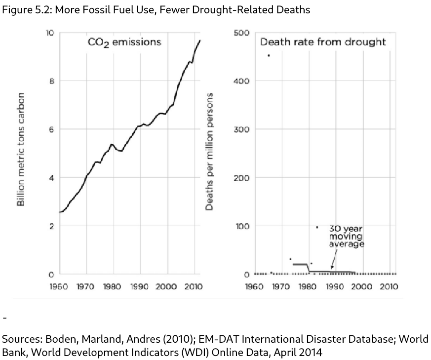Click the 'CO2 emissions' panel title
pos(124,42)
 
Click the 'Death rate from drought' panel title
pos(323,42)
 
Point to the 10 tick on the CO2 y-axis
pos(49,33)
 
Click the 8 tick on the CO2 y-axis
pos(51,81)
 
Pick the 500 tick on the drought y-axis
pos(242,33)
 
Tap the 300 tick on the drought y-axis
pos(242,129)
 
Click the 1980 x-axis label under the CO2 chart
pos(113,286)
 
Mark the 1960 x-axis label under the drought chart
pos(254,286)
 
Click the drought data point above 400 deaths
pos(269,55)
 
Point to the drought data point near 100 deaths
pos(317,227)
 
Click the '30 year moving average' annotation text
pos(347,237)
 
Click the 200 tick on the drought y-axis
pos(242,178)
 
